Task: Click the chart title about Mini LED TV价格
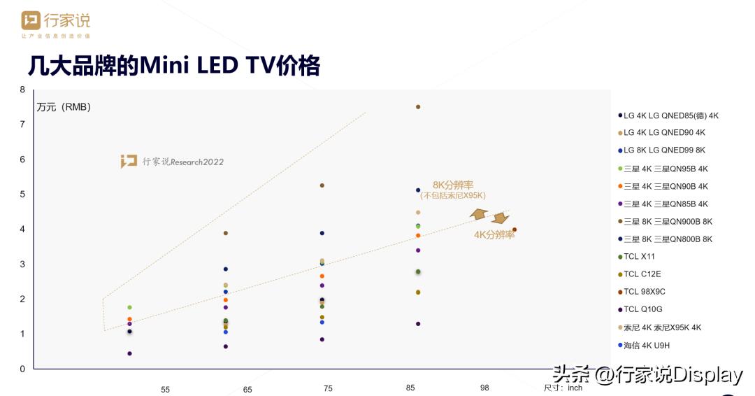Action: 173,66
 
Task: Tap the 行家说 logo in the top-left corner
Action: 55,24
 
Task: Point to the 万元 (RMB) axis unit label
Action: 64,107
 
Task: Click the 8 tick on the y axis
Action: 22,90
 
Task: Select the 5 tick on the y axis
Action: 22,195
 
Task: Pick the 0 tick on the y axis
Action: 22,369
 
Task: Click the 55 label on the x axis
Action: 165,390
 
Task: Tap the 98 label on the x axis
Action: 484,388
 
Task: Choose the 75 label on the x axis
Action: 328,388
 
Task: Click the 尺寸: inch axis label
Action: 563,388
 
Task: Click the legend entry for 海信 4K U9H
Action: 646,345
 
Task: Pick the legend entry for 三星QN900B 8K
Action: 668,222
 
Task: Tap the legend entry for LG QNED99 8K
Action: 664,150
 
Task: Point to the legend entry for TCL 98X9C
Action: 647,292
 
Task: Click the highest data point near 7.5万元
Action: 418,107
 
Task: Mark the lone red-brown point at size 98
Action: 515,229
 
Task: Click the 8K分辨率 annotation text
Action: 453,185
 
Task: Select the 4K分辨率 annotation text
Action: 494,235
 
